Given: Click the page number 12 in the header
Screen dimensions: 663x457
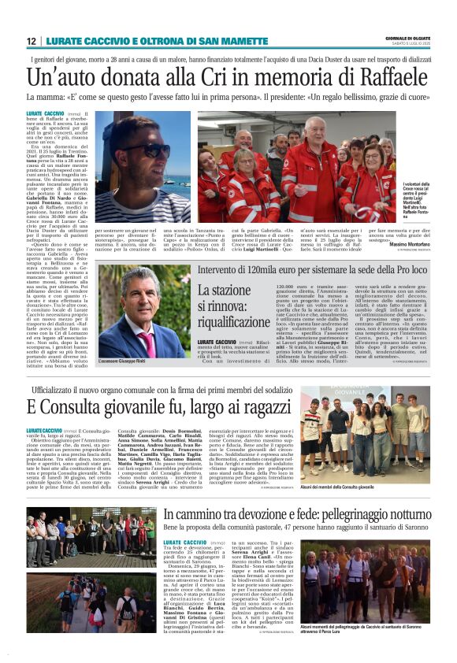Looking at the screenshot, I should (32, 41).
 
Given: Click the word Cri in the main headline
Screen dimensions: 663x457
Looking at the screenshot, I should (218, 79).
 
